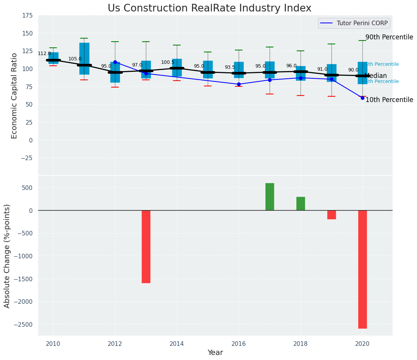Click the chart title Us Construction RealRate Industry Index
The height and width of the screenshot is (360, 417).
coord(209,8)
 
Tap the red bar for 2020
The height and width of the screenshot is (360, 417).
coord(362,269)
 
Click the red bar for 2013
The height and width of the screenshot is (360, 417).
coord(146,246)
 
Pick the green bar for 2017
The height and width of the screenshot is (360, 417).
coord(270,197)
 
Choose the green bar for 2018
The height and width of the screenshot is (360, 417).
coord(301,204)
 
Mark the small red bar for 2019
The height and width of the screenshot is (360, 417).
coord(331,215)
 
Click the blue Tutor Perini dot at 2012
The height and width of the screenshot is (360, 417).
coord(115,62)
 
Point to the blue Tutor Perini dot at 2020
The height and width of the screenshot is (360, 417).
coord(362,98)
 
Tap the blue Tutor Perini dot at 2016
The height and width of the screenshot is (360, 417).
coord(239,84)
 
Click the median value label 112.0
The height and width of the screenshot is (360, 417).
coord(44,54)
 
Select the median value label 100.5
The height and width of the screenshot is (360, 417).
coord(168,62)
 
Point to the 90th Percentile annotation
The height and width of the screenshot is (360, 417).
coord(389,37)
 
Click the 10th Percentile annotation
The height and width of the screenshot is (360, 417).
coord(389,100)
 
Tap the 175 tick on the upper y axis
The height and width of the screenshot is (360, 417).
coord(27,16)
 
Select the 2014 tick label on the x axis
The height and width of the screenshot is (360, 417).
coord(177,344)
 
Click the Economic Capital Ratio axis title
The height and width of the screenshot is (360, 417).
coord(15,96)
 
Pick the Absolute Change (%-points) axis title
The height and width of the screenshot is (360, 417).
coord(7,256)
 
